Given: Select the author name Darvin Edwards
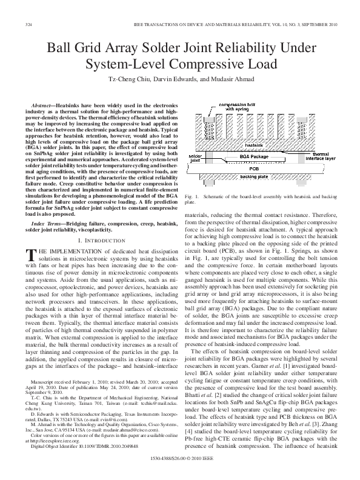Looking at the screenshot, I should pos(167,79).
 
